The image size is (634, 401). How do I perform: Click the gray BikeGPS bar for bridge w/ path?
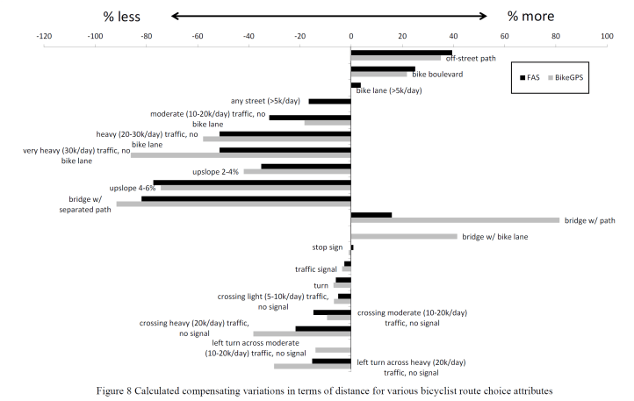[x=455, y=220]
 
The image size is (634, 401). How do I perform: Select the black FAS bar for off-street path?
[x=401, y=53]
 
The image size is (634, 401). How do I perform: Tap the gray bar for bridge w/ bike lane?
[x=404, y=236]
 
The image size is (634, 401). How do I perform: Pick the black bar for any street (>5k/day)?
[x=329, y=101]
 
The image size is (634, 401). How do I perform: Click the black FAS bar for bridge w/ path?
[x=371, y=214]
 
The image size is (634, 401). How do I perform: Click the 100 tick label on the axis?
[x=606, y=36]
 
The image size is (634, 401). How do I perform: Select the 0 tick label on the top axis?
[x=350, y=36]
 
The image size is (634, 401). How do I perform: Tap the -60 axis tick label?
[x=198, y=36]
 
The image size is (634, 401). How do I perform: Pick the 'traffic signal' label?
[x=317, y=269]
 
